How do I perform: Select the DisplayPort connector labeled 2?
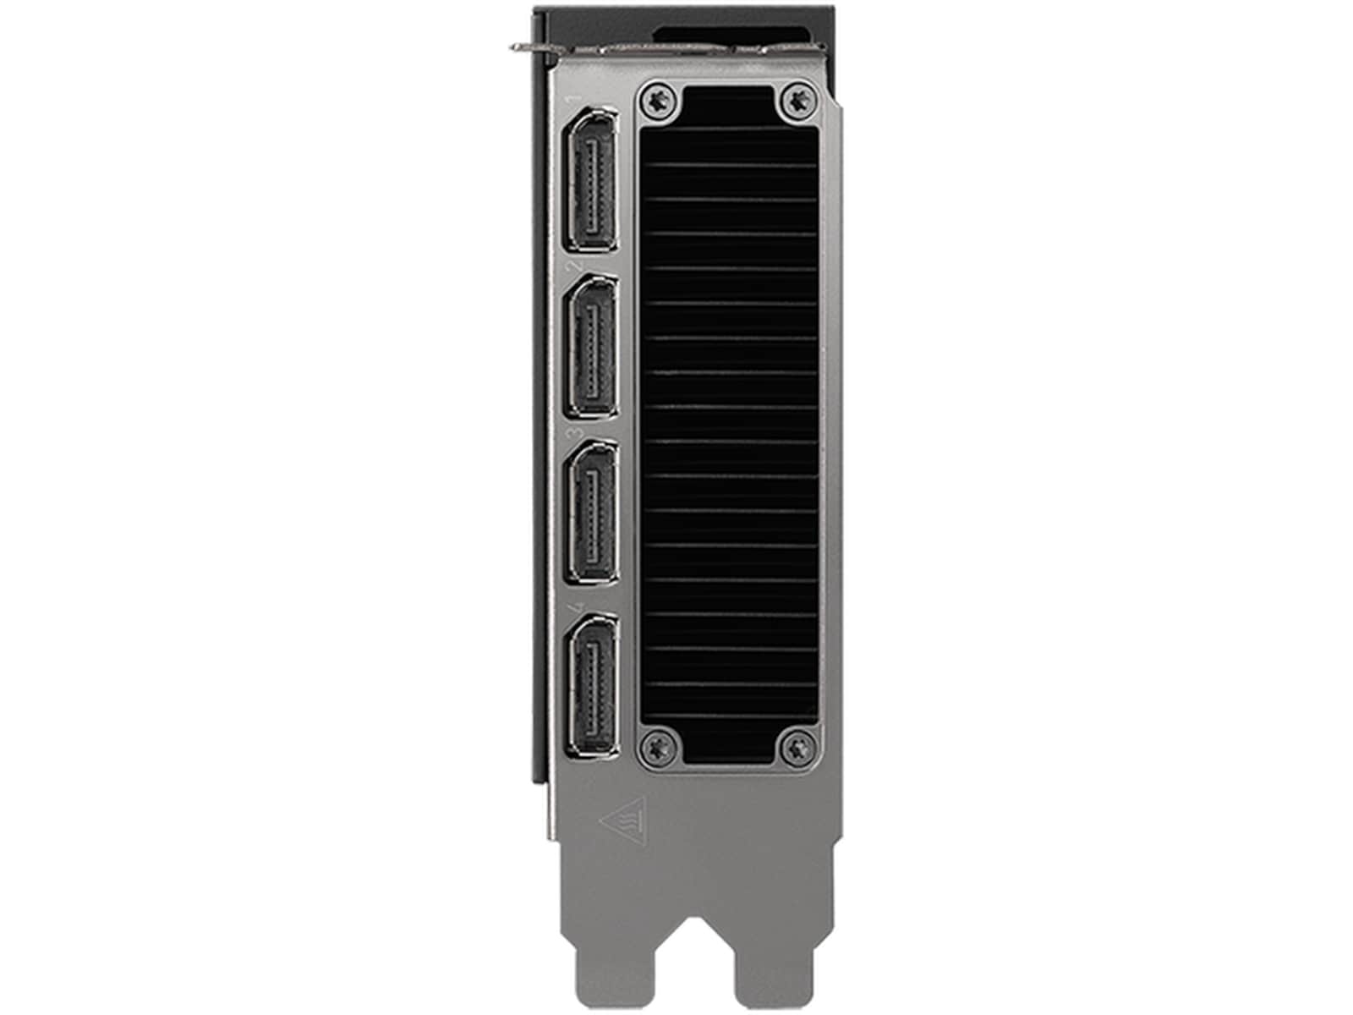coord(590,347)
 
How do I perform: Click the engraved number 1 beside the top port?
coord(578,101)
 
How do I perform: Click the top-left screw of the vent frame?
coord(660,101)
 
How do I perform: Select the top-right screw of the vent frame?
coord(796,101)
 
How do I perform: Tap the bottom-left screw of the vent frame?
coord(660,746)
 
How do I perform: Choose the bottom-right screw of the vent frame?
coord(796,746)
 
